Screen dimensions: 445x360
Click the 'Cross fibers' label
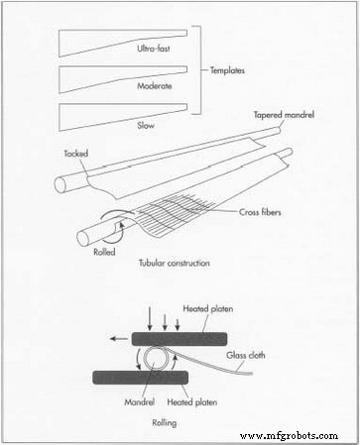(x=263, y=211)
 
